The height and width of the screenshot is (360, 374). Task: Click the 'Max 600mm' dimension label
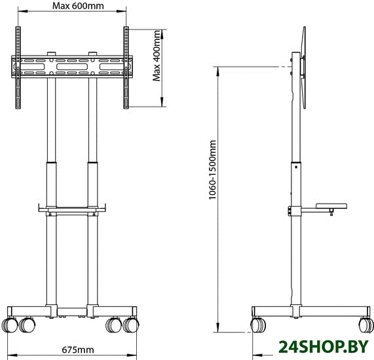pyautogui.click(x=78, y=6)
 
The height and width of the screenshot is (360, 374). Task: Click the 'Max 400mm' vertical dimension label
pyautogui.click(x=157, y=56)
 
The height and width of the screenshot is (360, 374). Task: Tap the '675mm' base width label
pyautogui.click(x=78, y=350)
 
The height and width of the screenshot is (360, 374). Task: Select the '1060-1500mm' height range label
pyautogui.click(x=212, y=170)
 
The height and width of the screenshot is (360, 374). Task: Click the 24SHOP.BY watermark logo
pyautogui.click(x=324, y=346)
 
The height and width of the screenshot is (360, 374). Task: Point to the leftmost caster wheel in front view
pyautogui.click(x=10, y=325)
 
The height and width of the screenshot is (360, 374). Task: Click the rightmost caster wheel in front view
pyautogui.click(x=131, y=325)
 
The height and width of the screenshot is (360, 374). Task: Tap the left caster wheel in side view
pyautogui.click(x=258, y=325)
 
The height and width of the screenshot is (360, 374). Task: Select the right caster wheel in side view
pyautogui.click(x=366, y=325)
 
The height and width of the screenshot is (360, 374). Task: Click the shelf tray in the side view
pyautogui.click(x=331, y=206)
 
